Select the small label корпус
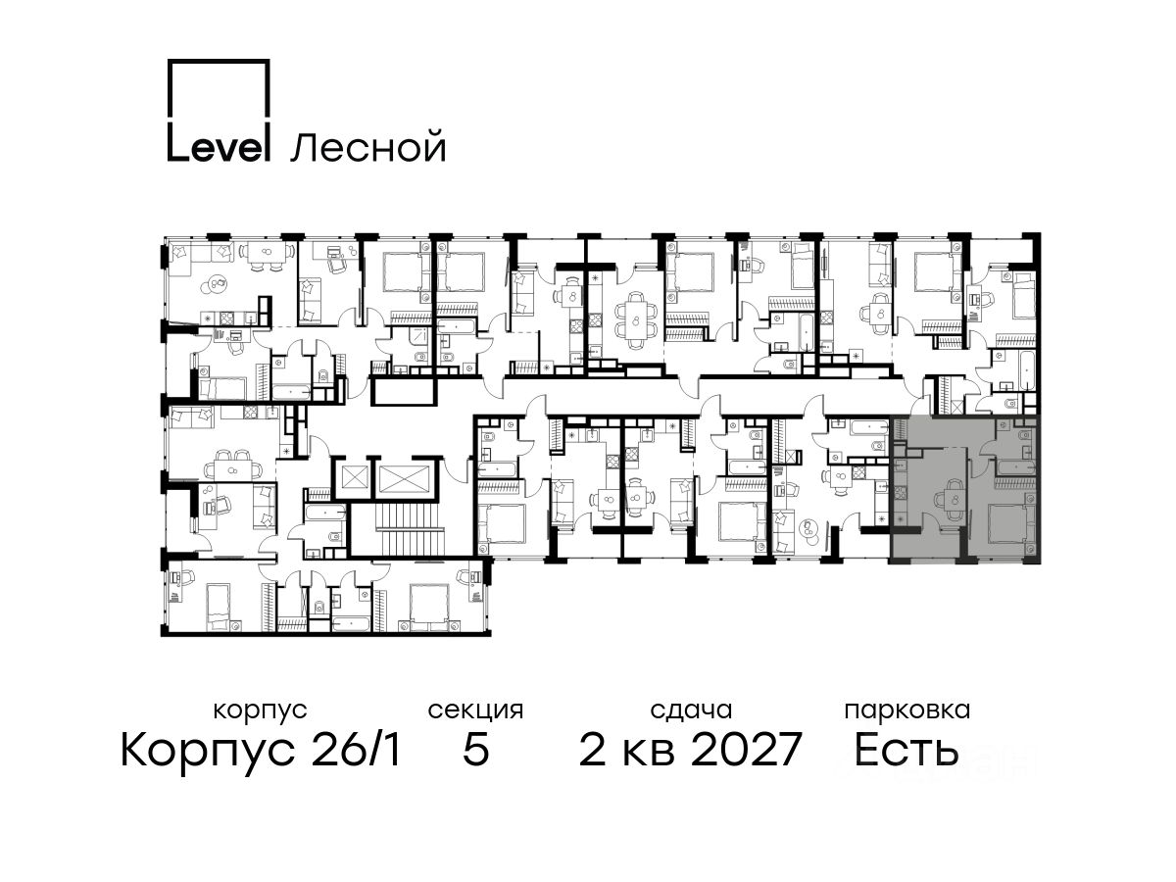tap(260, 710)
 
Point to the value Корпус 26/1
tap(261, 750)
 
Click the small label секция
tap(475, 710)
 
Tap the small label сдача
tap(691, 710)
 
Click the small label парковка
tap(907, 710)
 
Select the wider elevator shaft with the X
tap(405, 477)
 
